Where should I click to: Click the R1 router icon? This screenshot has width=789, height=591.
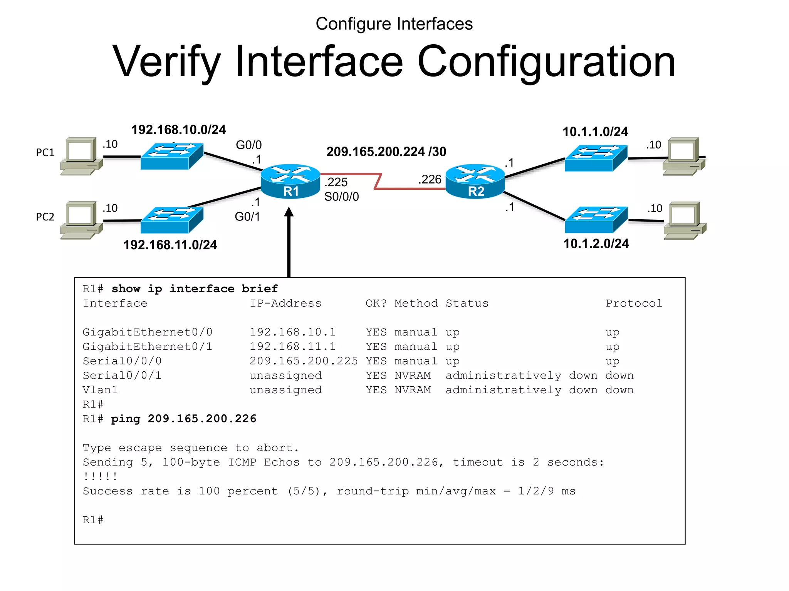290,181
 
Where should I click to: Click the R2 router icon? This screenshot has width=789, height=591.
475,181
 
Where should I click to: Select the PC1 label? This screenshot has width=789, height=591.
45,153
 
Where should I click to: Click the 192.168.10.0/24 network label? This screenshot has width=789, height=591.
178,130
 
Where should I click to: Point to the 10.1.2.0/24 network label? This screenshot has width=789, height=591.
596,244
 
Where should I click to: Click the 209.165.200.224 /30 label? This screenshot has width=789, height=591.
386,152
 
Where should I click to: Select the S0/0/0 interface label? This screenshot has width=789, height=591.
341,197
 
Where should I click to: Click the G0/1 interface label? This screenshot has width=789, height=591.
247,217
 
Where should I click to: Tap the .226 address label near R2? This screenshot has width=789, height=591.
430,179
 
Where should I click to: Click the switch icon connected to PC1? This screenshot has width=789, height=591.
172,156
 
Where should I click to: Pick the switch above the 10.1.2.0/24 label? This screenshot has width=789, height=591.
596,219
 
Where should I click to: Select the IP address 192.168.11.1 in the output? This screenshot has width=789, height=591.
292,347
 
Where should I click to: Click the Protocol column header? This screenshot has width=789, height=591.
634,303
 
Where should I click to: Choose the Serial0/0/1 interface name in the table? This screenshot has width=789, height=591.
122,376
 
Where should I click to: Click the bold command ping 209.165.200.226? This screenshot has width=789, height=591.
184,419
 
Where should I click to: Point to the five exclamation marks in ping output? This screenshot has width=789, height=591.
100,476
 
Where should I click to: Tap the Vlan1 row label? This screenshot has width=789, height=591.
100,390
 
